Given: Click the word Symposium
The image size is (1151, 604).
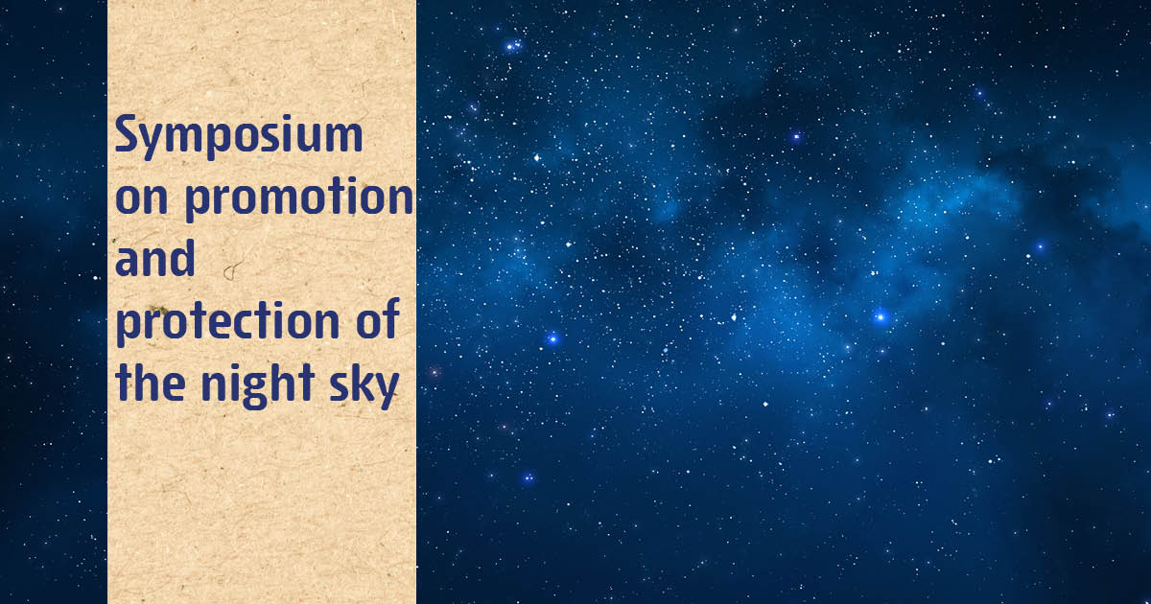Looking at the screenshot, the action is [239, 135].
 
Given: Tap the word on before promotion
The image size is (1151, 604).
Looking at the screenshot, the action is [142, 197].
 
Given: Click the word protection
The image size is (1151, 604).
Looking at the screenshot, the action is [227, 322].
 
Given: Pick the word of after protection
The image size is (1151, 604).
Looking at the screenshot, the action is [378, 319].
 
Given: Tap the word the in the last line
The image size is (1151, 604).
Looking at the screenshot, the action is [150, 383].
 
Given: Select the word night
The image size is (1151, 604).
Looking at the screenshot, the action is [257, 386].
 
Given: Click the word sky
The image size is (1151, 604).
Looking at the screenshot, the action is [364, 386].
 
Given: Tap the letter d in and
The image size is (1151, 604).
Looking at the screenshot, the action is [182, 258].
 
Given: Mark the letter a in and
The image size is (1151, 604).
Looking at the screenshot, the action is [127, 263].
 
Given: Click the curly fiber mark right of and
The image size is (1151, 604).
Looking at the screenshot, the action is [232, 269].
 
